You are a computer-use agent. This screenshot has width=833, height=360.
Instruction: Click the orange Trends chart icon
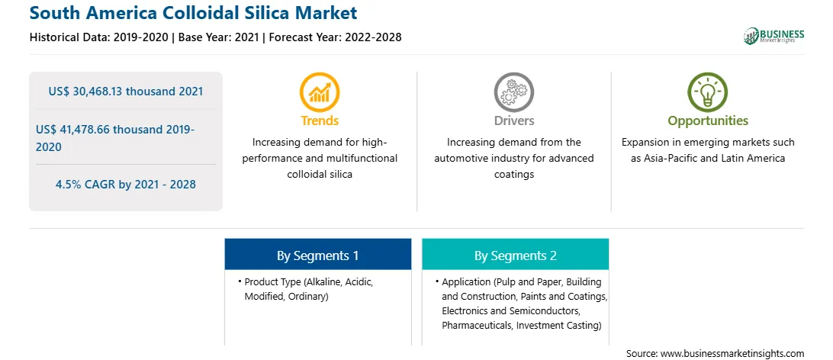[x=320, y=92]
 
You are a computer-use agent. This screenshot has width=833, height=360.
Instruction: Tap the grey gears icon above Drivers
[x=513, y=92]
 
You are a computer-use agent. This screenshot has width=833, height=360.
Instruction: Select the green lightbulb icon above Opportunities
[x=708, y=92]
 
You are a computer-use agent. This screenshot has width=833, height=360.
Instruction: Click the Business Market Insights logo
[x=774, y=36]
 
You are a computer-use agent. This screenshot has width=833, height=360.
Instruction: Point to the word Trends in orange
[x=320, y=121]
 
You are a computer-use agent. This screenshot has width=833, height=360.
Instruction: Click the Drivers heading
[x=513, y=121]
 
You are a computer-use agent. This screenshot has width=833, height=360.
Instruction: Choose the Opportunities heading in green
[x=708, y=121]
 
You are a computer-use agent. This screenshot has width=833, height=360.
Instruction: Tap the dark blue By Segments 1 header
[x=317, y=256]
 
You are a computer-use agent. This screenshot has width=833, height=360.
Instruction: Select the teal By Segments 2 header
[x=516, y=256]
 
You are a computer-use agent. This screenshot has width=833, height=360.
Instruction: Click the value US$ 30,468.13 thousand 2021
[x=126, y=92]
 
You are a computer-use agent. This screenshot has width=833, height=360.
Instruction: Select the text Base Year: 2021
[x=218, y=37]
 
